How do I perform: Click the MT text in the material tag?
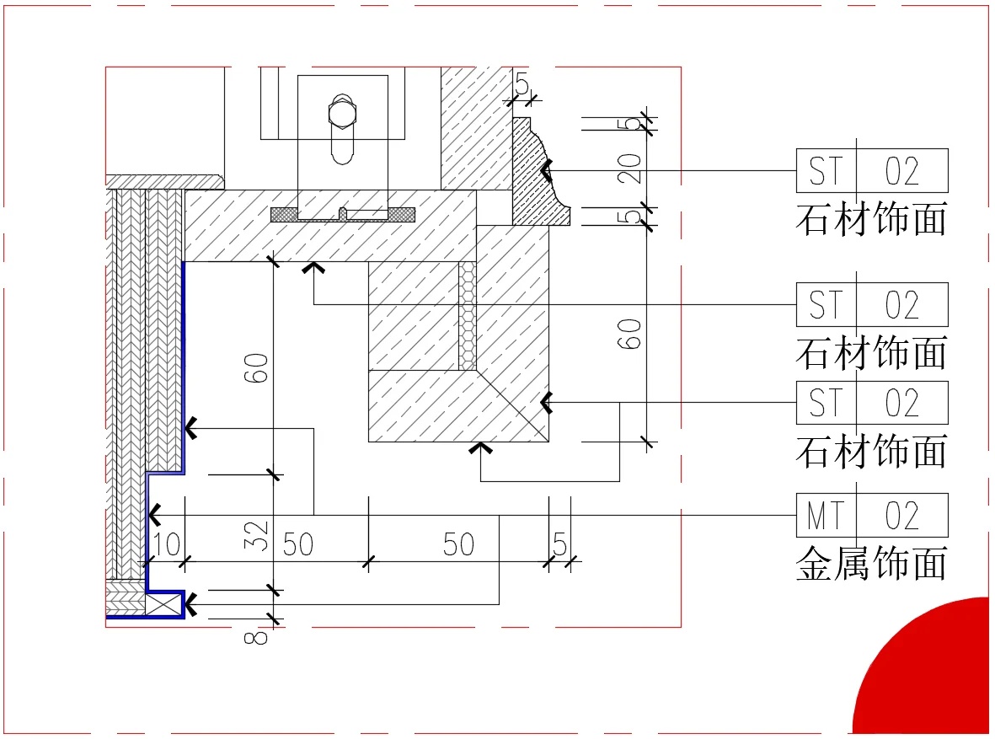(x=825, y=515)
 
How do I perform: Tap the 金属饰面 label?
(x=871, y=563)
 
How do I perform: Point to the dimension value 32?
(x=260, y=534)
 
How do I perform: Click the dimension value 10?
(x=167, y=544)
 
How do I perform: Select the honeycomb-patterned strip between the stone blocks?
(x=467, y=315)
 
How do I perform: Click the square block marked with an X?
(x=164, y=603)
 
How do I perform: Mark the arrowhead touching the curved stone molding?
(x=546, y=171)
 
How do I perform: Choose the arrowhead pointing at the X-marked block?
(x=191, y=604)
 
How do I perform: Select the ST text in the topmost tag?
(x=825, y=171)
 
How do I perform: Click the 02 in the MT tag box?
(x=901, y=515)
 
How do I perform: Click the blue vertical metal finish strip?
(x=183, y=362)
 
